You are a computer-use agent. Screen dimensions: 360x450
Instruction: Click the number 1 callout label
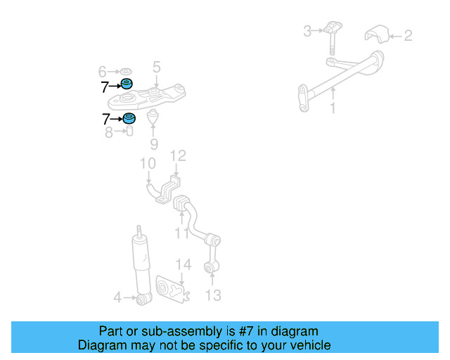(x=333, y=109)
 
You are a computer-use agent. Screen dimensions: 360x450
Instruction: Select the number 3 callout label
(x=307, y=31)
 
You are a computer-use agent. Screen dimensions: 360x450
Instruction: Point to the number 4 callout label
(x=118, y=298)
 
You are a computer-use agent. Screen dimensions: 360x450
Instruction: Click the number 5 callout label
(x=157, y=67)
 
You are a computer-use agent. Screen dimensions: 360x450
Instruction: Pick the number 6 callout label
(x=102, y=72)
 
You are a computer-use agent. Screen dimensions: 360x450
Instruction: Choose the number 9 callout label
(x=154, y=144)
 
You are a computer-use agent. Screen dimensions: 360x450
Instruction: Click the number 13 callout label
(x=213, y=295)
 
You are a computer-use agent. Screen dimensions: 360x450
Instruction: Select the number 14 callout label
(x=183, y=264)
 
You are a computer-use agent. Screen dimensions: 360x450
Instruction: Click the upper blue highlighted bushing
(x=127, y=86)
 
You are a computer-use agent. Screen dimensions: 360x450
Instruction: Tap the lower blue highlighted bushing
(x=129, y=118)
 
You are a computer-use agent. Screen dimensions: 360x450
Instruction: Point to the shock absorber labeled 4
(x=141, y=267)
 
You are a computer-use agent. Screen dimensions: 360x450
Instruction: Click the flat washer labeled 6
(x=126, y=71)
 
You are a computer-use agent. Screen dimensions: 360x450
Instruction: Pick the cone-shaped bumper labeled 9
(x=154, y=117)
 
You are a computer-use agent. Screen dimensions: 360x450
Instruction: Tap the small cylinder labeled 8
(x=129, y=131)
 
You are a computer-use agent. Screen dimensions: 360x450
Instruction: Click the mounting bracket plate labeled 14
(x=171, y=289)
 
